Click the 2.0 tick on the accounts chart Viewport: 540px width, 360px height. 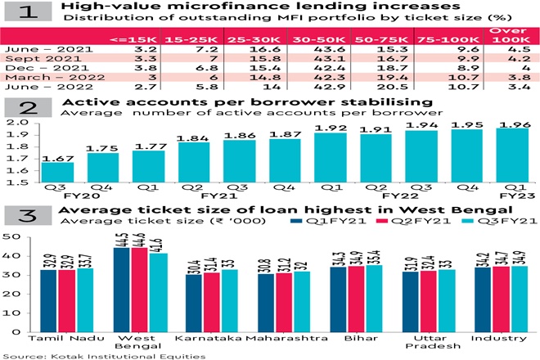click(17, 122)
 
